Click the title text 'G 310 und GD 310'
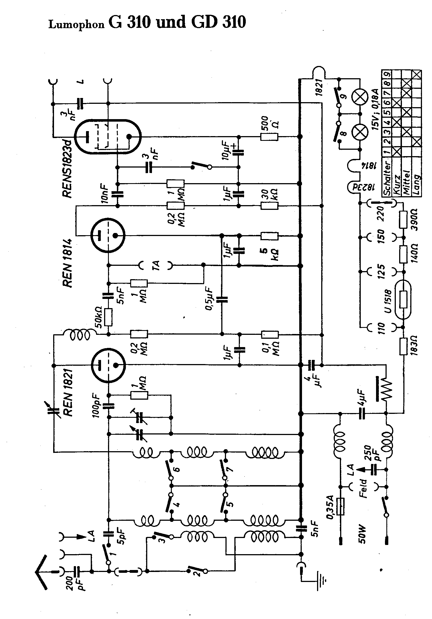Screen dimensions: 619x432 coord(177,22)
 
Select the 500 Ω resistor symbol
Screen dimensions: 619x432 coord(269,137)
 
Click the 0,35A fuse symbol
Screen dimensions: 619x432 coord(340,507)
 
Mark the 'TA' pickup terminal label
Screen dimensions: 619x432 coord(156,266)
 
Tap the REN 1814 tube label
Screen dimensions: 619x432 coord(67,263)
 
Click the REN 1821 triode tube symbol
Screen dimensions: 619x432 coord(108,365)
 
